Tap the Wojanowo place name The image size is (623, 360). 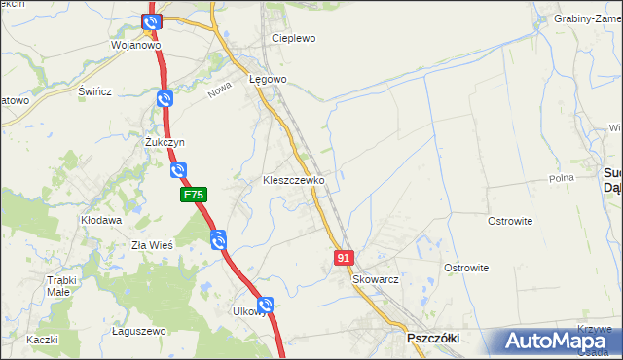(135, 45)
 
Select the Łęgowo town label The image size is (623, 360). (267, 79)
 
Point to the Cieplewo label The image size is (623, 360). (294, 39)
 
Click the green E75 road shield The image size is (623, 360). (193, 196)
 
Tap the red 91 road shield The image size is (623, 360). (343, 257)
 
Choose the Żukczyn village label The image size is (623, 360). (165, 142)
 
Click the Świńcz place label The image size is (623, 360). (94, 91)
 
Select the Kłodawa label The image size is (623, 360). (101, 221)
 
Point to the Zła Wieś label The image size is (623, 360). (151, 245)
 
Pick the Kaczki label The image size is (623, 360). (43, 340)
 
